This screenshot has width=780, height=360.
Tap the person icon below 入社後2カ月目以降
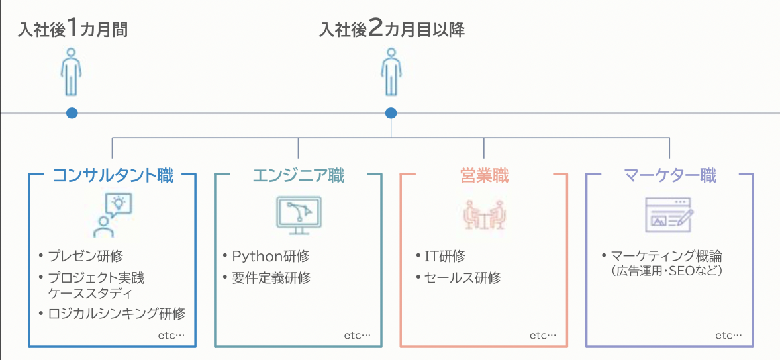[x=391, y=71]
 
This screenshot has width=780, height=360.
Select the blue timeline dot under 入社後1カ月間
[x=72, y=113]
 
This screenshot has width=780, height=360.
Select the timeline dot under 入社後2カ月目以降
[x=391, y=113]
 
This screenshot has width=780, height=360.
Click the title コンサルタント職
[x=113, y=175]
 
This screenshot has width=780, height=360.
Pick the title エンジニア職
[x=299, y=175]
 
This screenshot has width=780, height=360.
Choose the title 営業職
[x=484, y=175]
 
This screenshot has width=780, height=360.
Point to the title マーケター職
[x=670, y=175]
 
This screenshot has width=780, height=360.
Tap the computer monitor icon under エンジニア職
[x=299, y=214]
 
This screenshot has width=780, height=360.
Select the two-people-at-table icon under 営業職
[x=484, y=214]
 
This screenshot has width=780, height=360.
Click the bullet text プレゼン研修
[x=85, y=256]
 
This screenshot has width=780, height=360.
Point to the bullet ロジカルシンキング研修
[x=117, y=313]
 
